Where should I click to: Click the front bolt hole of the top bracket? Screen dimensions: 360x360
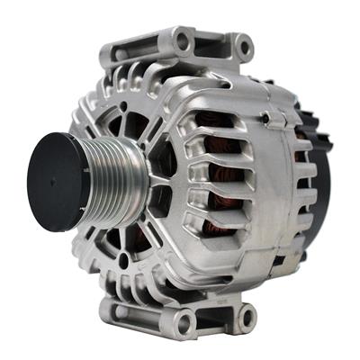(x=184, y=40)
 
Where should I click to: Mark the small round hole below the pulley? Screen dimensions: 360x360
(x=122, y=260)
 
